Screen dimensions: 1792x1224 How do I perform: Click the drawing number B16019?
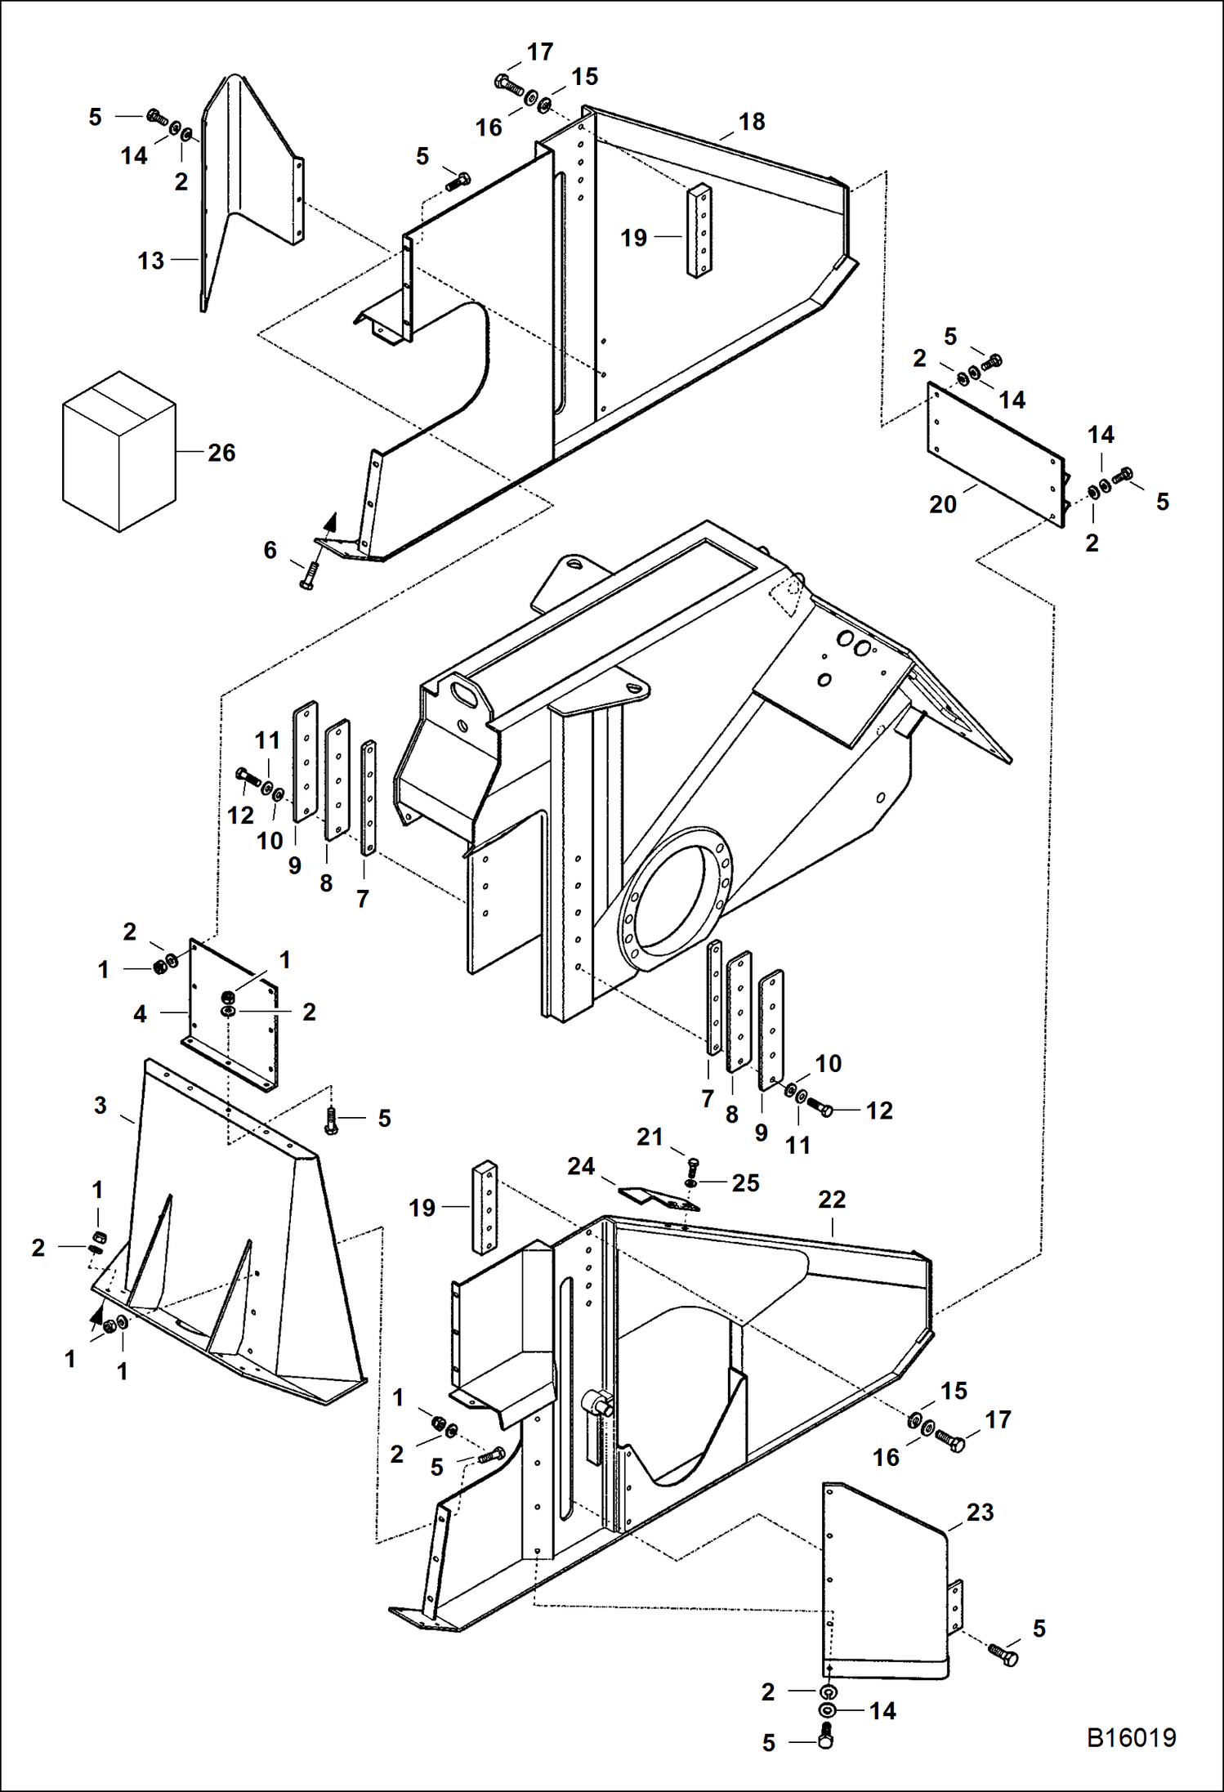pyautogui.click(x=1131, y=1737)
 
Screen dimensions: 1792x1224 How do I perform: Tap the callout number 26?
pyautogui.click(x=221, y=453)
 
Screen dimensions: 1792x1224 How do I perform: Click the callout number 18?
pyautogui.click(x=752, y=122)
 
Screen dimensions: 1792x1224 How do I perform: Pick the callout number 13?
pyautogui.click(x=151, y=261)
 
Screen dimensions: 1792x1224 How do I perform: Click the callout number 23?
pyautogui.click(x=980, y=1512)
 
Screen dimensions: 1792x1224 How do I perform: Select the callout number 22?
pyautogui.click(x=832, y=1200)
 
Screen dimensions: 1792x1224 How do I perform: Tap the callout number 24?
pyautogui.click(x=581, y=1166)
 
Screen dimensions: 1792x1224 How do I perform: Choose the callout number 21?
pyautogui.click(x=650, y=1137)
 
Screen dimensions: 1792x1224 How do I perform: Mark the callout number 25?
pyautogui.click(x=745, y=1182)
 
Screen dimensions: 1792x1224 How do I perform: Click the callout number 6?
pyautogui.click(x=270, y=550)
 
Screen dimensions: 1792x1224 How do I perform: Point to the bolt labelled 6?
pyautogui.click(x=309, y=577)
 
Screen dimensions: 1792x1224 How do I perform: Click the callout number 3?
pyautogui.click(x=101, y=1106)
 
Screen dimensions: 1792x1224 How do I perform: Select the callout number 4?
pyautogui.click(x=140, y=1014)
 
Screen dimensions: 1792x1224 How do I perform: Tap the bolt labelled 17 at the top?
pyautogui.click(x=508, y=83)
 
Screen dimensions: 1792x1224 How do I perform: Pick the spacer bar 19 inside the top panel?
pyautogui.click(x=698, y=231)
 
